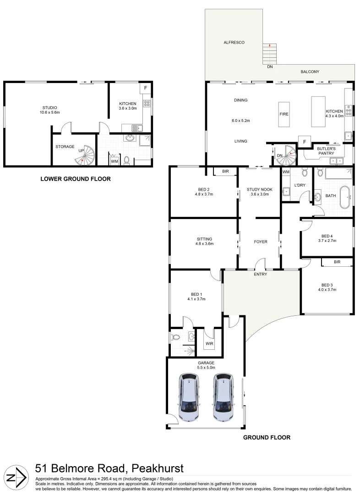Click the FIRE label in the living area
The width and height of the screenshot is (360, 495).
(284, 114)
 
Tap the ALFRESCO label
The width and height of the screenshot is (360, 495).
(234, 42)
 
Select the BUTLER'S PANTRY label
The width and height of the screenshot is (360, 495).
(326, 151)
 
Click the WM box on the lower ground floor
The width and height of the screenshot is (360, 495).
(114, 160)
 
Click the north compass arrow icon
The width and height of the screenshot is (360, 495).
(16, 477)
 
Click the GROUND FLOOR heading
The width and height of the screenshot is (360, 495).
(267, 437)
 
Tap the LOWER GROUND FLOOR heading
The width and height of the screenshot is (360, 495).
(76, 179)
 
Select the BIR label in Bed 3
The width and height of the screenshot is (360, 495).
(337, 262)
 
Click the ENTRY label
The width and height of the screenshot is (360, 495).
(261, 274)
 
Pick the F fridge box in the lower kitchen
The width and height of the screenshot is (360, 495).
(146, 88)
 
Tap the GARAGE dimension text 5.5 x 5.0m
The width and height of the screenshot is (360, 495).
(206, 368)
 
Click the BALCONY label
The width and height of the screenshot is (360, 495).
(310, 71)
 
